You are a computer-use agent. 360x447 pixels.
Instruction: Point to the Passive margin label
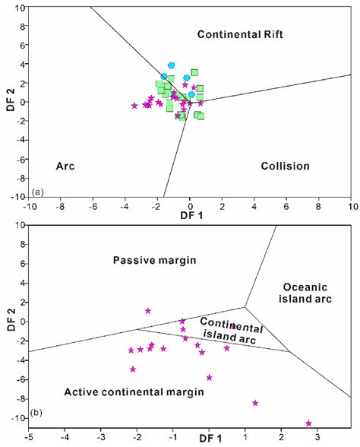pyautogui.click(x=155, y=260)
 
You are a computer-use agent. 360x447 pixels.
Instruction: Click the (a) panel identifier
pyautogui.click(x=38, y=192)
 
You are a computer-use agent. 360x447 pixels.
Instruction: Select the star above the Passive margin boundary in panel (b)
pyautogui.click(x=148, y=311)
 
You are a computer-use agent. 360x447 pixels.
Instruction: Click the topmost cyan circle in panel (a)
pyautogui.click(x=172, y=66)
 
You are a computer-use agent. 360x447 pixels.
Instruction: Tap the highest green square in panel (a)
pyautogui.click(x=194, y=72)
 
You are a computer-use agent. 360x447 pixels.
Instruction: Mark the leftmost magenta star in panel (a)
pyautogui.click(x=134, y=106)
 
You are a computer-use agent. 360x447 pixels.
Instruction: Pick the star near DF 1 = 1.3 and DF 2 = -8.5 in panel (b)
pyautogui.click(x=255, y=403)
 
